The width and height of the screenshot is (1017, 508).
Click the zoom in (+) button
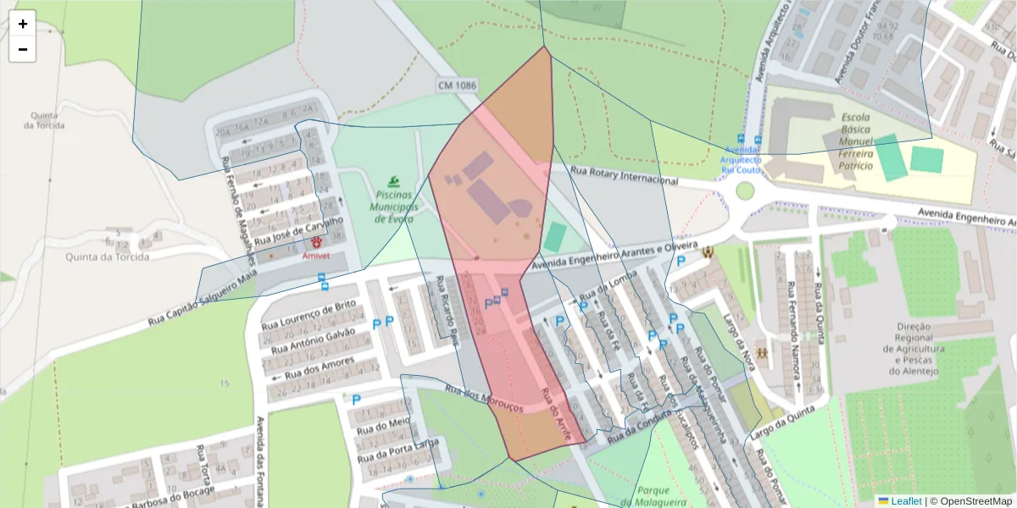(22, 24)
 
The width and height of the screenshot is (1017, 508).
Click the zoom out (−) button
(22, 49)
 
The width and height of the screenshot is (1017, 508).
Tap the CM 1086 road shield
(458, 86)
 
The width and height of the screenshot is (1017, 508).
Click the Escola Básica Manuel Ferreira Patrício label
(857, 141)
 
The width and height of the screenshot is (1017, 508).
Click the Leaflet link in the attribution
(905, 501)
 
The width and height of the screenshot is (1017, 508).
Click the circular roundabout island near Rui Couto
(744, 190)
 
